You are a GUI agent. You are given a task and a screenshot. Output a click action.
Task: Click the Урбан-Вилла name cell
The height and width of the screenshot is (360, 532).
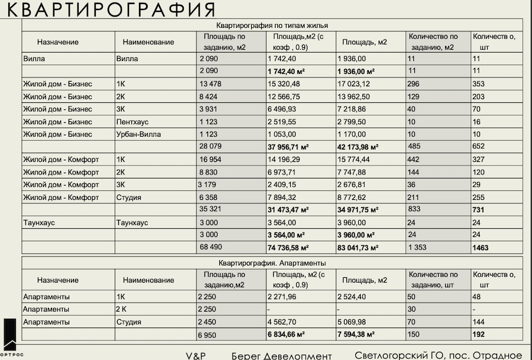coord(138,134)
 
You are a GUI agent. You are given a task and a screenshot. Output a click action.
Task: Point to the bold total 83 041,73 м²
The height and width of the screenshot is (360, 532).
coord(358,248)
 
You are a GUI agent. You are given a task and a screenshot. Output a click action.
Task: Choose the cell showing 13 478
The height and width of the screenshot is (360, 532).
coord(211,84)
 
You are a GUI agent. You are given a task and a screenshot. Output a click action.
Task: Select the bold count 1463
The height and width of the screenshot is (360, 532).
coord(481,248)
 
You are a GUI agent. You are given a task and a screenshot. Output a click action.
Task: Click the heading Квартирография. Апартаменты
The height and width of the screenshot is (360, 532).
coord(272,262)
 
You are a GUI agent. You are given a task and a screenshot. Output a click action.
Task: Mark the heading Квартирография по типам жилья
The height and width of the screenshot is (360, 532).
coord(272,25)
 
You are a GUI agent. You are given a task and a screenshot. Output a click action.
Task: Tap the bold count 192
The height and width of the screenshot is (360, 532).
coord(479,335)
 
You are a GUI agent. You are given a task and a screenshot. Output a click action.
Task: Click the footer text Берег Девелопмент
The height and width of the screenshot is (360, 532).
coord(281,355)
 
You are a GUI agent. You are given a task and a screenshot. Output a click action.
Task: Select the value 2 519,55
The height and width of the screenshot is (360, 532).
coord(284,122)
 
